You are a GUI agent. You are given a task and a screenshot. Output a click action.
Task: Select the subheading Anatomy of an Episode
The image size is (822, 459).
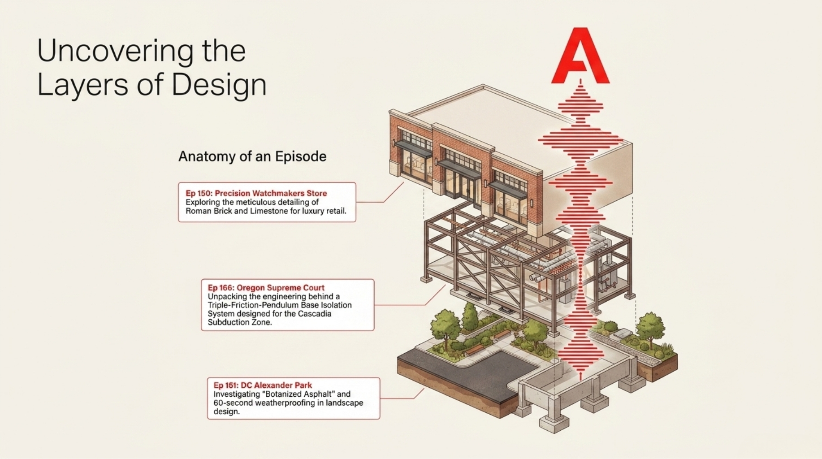[x=252, y=156]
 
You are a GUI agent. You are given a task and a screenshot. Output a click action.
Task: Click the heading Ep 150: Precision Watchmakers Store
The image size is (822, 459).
[x=256, y=193]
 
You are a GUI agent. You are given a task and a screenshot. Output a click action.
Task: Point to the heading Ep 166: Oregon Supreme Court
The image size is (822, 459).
[x=266, y=288]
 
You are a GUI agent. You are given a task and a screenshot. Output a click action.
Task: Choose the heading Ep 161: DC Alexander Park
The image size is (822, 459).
[x=263, y=385]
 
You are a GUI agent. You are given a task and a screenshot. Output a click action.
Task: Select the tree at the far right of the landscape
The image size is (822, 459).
[x=650, y=326]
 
